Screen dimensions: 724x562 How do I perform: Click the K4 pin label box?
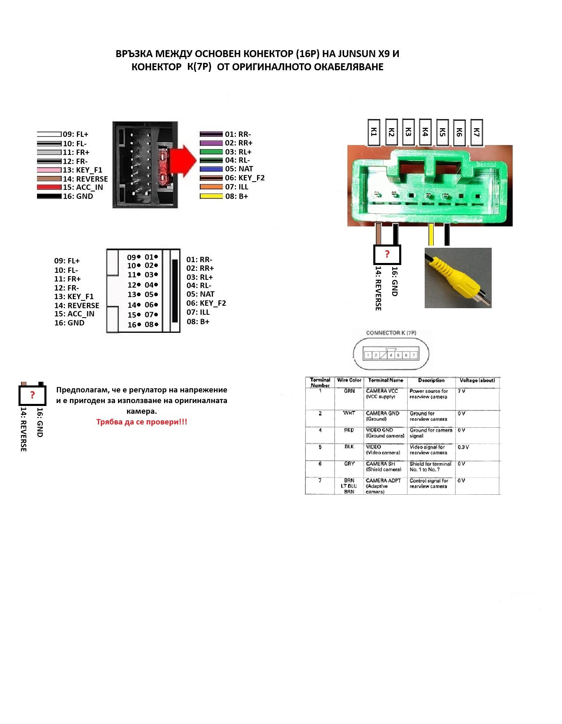coord(425,132)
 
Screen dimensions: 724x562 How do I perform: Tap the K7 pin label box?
coord(476,132)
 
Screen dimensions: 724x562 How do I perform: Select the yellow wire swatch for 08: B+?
coord(211,196)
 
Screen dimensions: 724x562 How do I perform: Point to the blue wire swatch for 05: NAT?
coord(211,169)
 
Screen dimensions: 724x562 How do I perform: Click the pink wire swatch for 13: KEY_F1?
coord(49,170)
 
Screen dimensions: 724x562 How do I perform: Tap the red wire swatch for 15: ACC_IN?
coord(49,187)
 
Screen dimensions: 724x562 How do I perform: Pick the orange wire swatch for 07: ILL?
coord(211,187)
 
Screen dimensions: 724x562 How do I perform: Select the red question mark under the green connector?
coord(387,254)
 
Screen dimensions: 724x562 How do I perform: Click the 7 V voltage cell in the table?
coord(462,391)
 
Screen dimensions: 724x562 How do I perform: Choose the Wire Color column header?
coord(349,380)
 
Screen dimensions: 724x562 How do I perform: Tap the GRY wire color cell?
coord(349,463)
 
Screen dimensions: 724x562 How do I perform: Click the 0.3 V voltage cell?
coord(463,447)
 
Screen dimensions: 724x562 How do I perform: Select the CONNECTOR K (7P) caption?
coord(391,333)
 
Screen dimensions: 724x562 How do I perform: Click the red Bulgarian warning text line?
coord(142,422)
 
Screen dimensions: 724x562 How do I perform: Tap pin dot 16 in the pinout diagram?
coord(139,325)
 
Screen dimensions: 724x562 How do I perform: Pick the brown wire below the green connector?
coord(379,234)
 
